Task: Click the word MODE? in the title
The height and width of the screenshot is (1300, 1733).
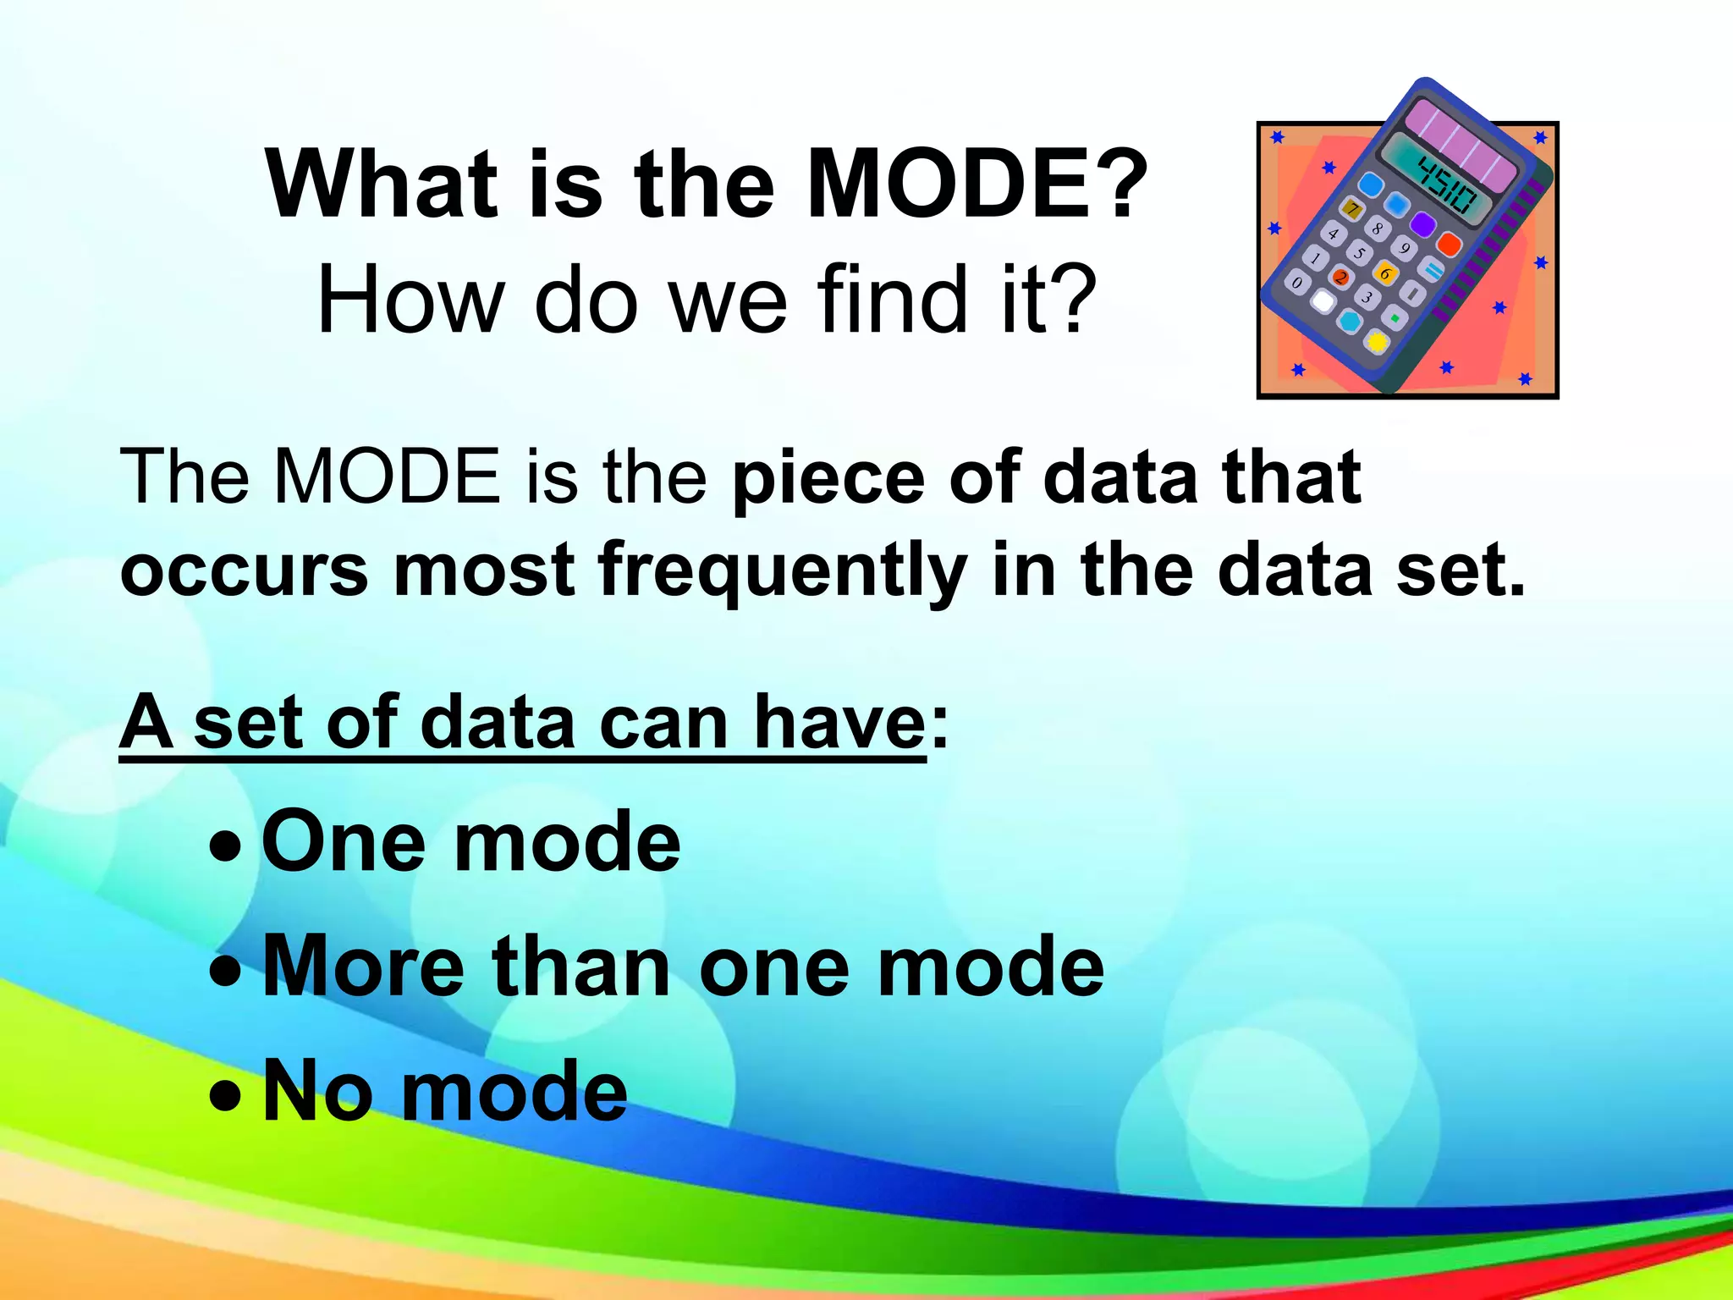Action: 977,184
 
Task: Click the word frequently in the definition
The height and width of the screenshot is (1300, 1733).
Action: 783,571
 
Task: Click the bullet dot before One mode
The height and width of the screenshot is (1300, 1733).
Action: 225,846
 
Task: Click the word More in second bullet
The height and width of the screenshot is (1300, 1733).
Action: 364,967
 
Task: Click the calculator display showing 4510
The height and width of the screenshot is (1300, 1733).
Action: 1448,187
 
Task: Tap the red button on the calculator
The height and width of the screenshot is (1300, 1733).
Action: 1450,245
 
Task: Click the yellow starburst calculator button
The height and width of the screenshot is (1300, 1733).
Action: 1378,342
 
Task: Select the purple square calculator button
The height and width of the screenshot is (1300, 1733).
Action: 1423,223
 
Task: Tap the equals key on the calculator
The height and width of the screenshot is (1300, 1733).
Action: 1429,270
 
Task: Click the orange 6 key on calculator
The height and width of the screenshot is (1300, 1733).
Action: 1385,273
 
